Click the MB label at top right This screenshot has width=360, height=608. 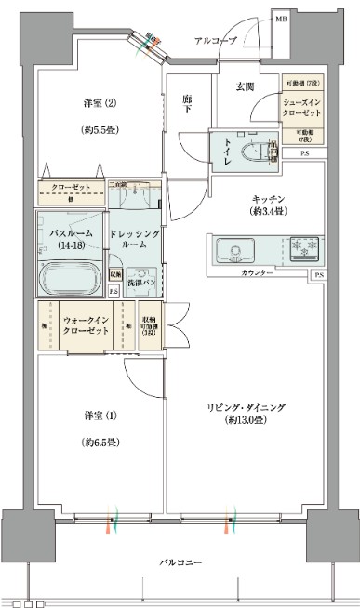pyautogui.click(x=279, y=19)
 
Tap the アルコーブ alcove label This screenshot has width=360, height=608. pyautogui.click(x=216, y=41)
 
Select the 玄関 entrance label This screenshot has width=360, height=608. pyautogui.click(x=245, y=86)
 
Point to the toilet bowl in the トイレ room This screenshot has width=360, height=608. pyautogui.click(x=248, y=152)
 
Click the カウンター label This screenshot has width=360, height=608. pyautogui.click(x=256, y=274)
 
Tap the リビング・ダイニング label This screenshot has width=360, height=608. pyautogui.click(x=254, y=406)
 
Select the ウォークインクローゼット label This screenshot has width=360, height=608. pyautogui.click(x=87, y=324)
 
